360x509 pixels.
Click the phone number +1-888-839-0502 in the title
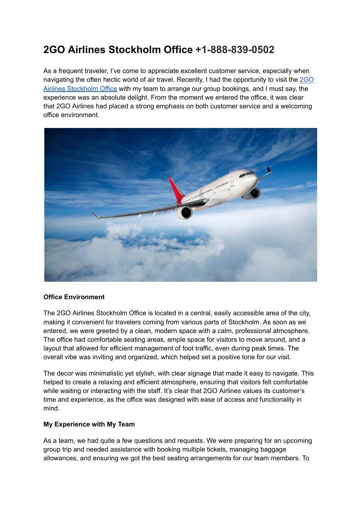tap(235, 50)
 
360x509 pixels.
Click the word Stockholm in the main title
tap(133, 50)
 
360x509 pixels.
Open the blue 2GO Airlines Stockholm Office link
tap(80, 89)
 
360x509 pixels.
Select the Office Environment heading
tap(74, 297)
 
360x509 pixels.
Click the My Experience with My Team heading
tap(89, 424)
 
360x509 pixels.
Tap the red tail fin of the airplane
tap(175, 189)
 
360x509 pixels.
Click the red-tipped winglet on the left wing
tap(95, 215)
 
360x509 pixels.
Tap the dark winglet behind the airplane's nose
tap(269, 170)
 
